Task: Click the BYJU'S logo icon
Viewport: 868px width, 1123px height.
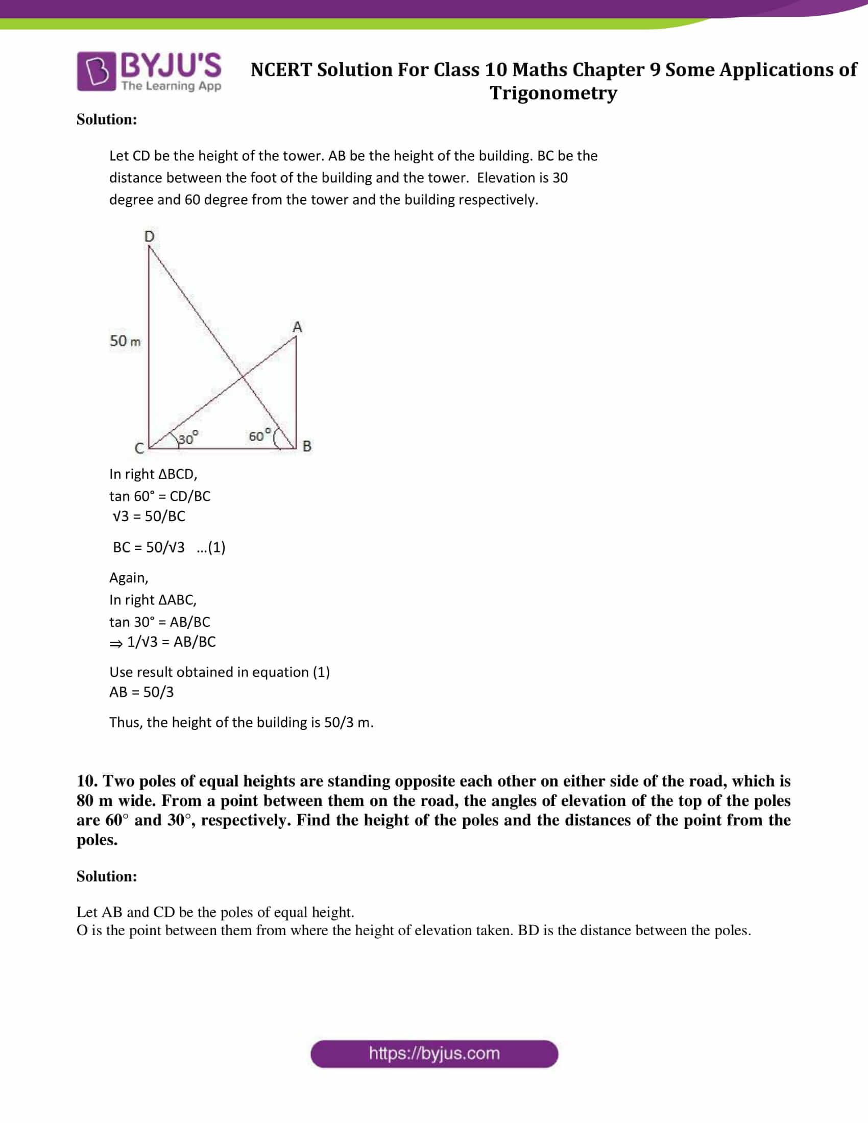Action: [x=96, y=71]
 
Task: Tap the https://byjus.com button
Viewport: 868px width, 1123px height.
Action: [x=434, y=1054]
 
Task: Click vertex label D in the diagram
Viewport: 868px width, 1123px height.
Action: [x=149, y=236]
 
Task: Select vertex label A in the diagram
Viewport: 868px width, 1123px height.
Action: [x=297, y=327]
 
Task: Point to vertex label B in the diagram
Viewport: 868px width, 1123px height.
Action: [x=307, y=446]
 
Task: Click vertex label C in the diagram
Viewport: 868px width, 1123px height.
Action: [x=139, y=448]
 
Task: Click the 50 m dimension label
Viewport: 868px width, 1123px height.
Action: [x=125, y=341]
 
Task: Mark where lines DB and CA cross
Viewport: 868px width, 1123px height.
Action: [x=242, y=378]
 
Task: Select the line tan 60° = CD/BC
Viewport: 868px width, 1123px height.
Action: [x=159, y=496]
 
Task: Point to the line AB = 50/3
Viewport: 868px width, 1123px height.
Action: [x=141, y=692]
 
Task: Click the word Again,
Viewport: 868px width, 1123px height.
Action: [x=129, y=578]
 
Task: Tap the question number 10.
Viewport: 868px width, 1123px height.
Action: [x=87, y=781]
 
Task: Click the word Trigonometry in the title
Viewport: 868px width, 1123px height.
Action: [x=553, y=93]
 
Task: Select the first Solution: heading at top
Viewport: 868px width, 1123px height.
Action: [x=106, y=119]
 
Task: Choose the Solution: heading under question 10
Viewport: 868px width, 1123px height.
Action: [x=106, y=876]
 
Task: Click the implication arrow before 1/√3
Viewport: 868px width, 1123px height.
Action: [x=116, y=643]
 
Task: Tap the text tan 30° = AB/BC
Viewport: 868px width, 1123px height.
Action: [x=159, y=622]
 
